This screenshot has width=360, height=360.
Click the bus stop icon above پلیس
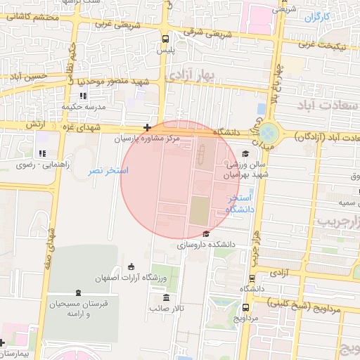point(165,39)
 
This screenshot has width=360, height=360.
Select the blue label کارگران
point(317,15)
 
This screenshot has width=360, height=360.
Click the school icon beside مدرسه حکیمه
point(83,96)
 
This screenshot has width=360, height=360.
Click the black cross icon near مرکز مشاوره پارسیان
point(147,128)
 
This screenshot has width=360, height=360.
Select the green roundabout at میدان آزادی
point(268,132)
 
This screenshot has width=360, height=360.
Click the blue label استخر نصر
point(108,171)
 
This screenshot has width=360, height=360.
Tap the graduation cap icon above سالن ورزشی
point(245,153)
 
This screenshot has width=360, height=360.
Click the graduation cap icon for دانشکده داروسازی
point(206,234)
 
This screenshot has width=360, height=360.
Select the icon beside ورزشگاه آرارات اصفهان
point(131,266)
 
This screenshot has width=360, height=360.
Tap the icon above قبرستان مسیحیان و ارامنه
point(77,292)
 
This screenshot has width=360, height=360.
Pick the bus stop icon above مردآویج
point(245,307)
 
